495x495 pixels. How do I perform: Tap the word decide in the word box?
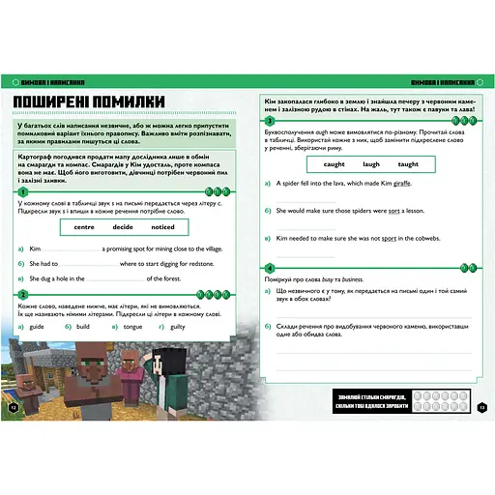pyautogui.click(x=123, y=227)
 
